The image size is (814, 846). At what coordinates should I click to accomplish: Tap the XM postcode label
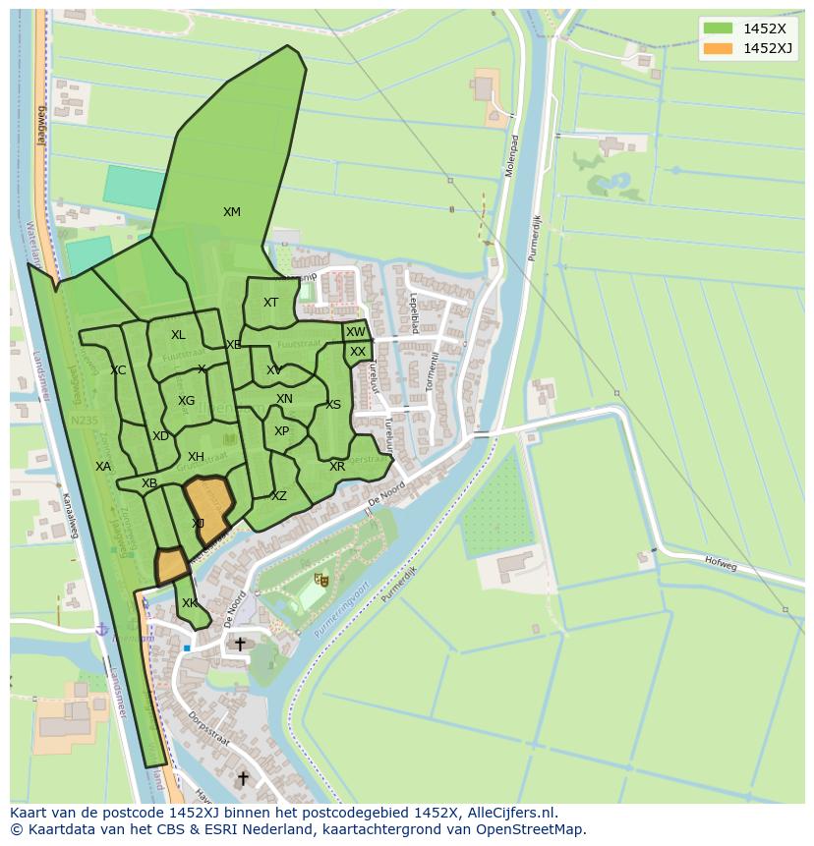click(231, 212)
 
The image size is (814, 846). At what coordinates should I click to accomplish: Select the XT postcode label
click(270, 303)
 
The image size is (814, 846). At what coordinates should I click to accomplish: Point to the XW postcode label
click(355, 332)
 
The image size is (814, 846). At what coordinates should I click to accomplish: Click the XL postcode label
click(178, 335)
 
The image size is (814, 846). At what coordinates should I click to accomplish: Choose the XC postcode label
click(118, 370)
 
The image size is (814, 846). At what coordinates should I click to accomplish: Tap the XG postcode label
click(186, 401)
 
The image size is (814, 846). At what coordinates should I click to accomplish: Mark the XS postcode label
click(333, 405)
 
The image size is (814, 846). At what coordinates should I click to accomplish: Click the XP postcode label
click(282, 431)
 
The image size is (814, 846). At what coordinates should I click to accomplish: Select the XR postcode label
click(337, 467)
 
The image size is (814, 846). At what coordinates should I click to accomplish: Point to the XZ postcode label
click(279, 496)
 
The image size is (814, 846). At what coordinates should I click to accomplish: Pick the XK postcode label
click(190, 603)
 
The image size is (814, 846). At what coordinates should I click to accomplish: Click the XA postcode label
click(103, 467)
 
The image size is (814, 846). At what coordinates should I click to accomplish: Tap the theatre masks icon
click(318, 582)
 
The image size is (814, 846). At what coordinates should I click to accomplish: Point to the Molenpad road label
click(511, 155)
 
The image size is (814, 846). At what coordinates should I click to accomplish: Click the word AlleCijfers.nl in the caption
click(511, 813)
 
